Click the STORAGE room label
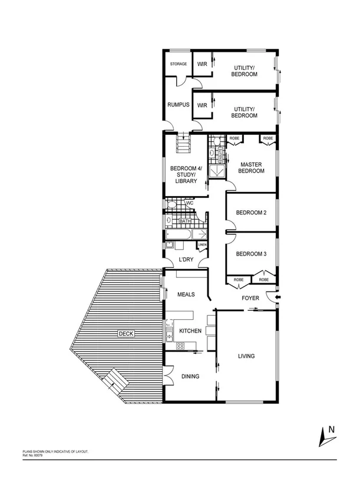(179, 64)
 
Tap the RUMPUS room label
(177, 105)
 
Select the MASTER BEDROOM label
(251, 167)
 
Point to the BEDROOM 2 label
(251, 213)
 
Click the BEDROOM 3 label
(251, 254)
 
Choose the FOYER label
(251, 298)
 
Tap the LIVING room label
(246, 356)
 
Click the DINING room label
(190, 377)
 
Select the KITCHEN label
(190, 331)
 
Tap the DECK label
(126, 333)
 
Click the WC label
(190, 204)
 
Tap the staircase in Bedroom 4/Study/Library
(184, 143)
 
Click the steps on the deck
(116, 382)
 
